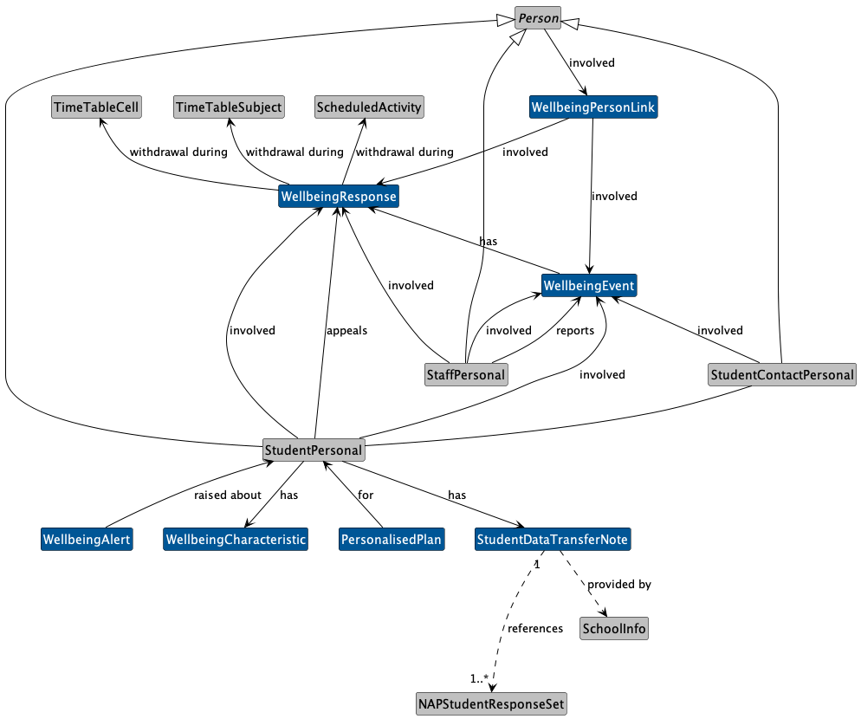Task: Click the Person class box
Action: (539, 18)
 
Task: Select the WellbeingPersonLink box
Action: (593, 107)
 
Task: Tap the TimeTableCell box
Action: (96, 107)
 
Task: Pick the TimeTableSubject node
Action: (229, 107)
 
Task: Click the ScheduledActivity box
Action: (369, 107)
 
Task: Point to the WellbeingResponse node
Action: (339, 197)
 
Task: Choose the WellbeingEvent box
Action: (590, 285)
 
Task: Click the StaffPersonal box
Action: (466, 374)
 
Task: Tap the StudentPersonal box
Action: (314, 450)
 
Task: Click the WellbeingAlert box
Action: (87, 540)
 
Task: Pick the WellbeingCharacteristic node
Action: (236, 540)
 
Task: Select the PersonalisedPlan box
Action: (392, 540)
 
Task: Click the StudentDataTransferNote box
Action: (553, 540)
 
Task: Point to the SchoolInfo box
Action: (614, 629)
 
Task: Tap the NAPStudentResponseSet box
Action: (492, 704)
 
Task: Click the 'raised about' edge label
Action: (228, 496)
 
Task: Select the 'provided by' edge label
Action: (619, 585)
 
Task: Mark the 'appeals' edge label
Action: (346, 330)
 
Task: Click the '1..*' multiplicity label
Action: (480, 677)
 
